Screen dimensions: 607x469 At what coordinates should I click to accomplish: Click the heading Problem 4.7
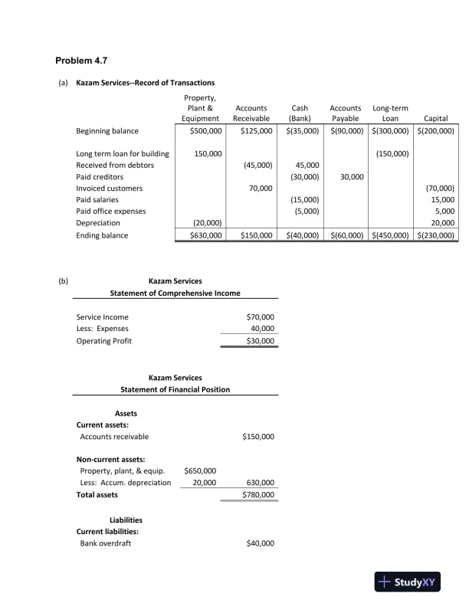85,60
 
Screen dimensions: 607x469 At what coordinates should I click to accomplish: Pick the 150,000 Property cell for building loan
208,154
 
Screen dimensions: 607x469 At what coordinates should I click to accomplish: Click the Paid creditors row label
99,176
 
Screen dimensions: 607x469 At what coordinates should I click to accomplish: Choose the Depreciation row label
98,222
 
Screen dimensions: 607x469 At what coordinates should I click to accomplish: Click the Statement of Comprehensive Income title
175,293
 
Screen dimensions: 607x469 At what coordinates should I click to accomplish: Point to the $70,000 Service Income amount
260,317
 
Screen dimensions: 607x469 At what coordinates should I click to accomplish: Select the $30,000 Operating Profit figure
260,340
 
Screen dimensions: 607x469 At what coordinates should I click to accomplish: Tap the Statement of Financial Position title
175,389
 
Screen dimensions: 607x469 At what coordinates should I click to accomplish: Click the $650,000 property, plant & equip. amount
200,470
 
